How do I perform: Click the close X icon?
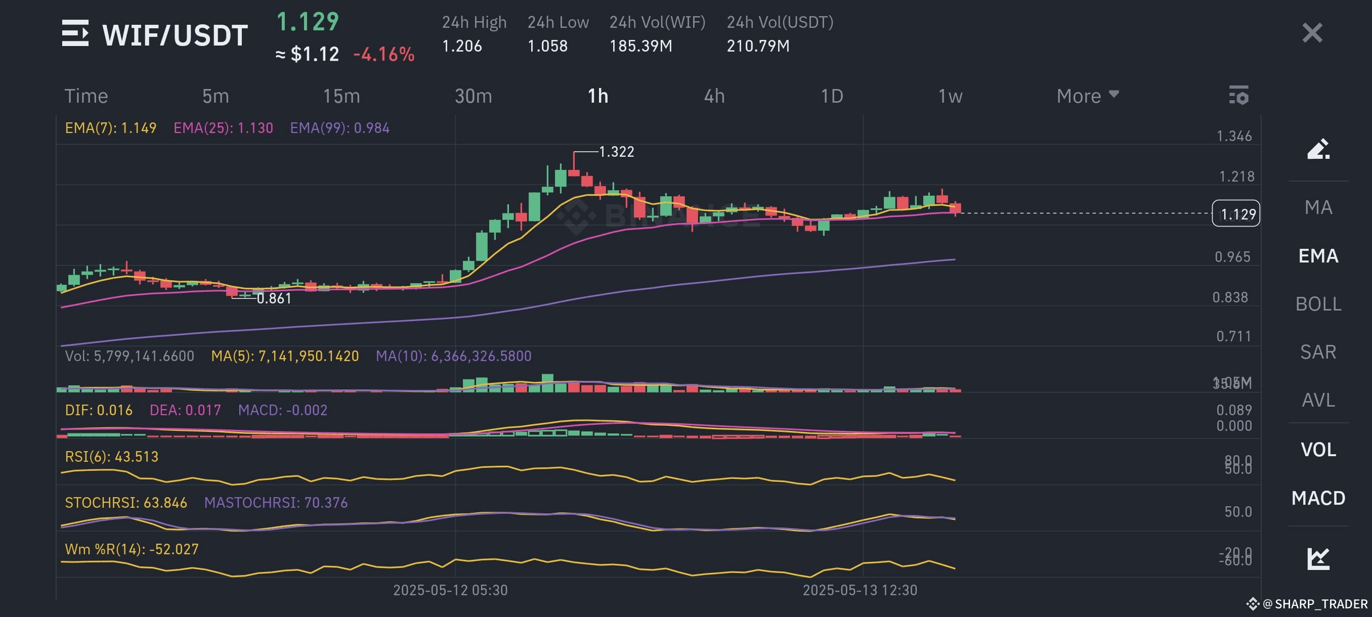[x=1312, y=33]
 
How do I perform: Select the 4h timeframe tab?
[x=714, y=96]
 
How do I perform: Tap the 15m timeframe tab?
[x=341, y=96]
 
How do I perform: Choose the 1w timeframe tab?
[x=950, y=96]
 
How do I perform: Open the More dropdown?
[x=1087, y=96]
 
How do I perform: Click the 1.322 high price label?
[x=616, y=152]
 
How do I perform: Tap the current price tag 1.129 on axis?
[x=1235, y=213]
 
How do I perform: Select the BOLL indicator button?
[x=1318, y=304]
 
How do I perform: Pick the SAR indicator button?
[x=1318, y=352]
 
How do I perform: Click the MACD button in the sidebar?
[x=1318, y=498]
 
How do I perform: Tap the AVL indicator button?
[x=1318, y=400]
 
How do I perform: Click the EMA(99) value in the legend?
[x=339, y=128]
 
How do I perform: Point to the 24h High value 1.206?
[x=462, y=46]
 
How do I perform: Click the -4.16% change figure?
[x=383, y=54]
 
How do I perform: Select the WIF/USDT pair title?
[x=175, y=35]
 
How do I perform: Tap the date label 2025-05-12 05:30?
[x=450, y=590]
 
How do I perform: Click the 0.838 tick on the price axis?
[x=1230, y=297]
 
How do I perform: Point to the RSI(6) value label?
[x=111, y=457]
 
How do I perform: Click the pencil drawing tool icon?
[x=1318, y=149]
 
